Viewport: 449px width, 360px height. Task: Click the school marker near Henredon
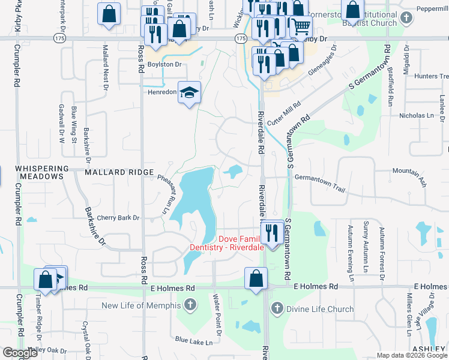coord(189,93)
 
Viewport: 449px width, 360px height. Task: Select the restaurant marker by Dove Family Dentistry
coord(273,232)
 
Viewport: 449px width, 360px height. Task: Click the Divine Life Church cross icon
coord(277,310)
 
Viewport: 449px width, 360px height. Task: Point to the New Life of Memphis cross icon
coord(190,305)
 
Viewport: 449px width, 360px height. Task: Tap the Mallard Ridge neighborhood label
coord(119,172)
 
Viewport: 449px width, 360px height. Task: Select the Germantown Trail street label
coord(321,182)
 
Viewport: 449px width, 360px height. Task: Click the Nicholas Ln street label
coord(417,115)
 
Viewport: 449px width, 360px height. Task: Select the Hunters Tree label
coord(427,76)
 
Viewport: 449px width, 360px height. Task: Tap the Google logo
coord(20,353)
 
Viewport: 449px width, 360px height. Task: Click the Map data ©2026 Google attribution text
coord(412,355)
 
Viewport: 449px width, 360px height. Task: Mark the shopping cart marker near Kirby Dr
coord(301,26)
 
